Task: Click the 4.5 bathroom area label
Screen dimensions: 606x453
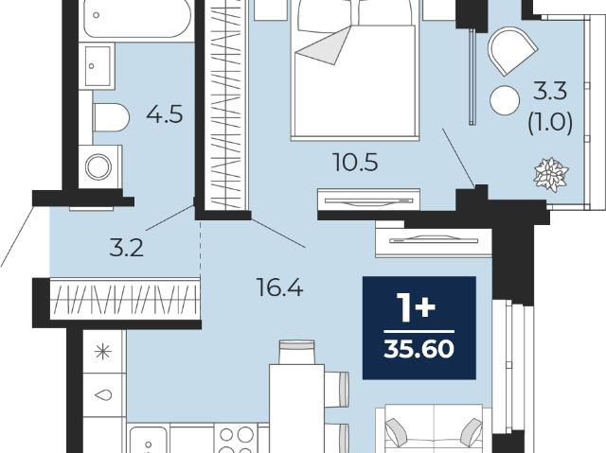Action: coord(164,114)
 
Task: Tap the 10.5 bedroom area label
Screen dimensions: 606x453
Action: coord(355,163)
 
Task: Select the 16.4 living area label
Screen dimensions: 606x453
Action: coord(280,287)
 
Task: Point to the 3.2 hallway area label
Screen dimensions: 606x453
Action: coord(126,248)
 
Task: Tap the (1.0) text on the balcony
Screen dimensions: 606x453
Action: coord(550,124)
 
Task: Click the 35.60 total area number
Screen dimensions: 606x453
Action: coord(419,349)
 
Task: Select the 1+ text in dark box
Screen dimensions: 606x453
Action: coord(418,308)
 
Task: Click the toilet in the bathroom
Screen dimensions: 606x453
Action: coord(111,117)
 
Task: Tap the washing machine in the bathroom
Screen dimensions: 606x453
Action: coord(100,167)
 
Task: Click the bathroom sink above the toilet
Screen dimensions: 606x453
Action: coord(97,66)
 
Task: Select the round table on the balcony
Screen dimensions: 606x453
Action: coord(505,100)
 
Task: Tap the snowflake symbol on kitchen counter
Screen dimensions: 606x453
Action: coord(103,352)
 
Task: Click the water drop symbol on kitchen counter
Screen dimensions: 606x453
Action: coord(103,394)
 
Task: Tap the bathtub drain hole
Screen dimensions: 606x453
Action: coord(97,15)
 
